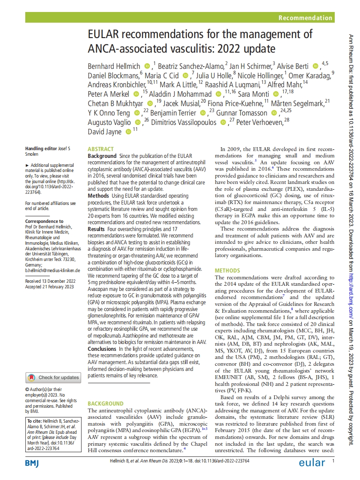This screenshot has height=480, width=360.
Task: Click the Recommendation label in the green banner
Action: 305,18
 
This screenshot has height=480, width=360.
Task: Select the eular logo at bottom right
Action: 312,463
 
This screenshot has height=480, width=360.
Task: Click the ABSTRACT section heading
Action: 101,149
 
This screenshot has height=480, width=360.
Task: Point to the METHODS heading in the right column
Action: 227,271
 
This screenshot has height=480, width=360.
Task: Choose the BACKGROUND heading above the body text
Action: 105,403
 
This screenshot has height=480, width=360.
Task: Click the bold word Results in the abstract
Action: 96,229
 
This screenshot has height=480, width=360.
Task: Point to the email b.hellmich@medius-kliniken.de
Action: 53,270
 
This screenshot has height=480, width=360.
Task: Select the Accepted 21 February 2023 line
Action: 49,286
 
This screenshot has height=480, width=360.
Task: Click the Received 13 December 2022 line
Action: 51,281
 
